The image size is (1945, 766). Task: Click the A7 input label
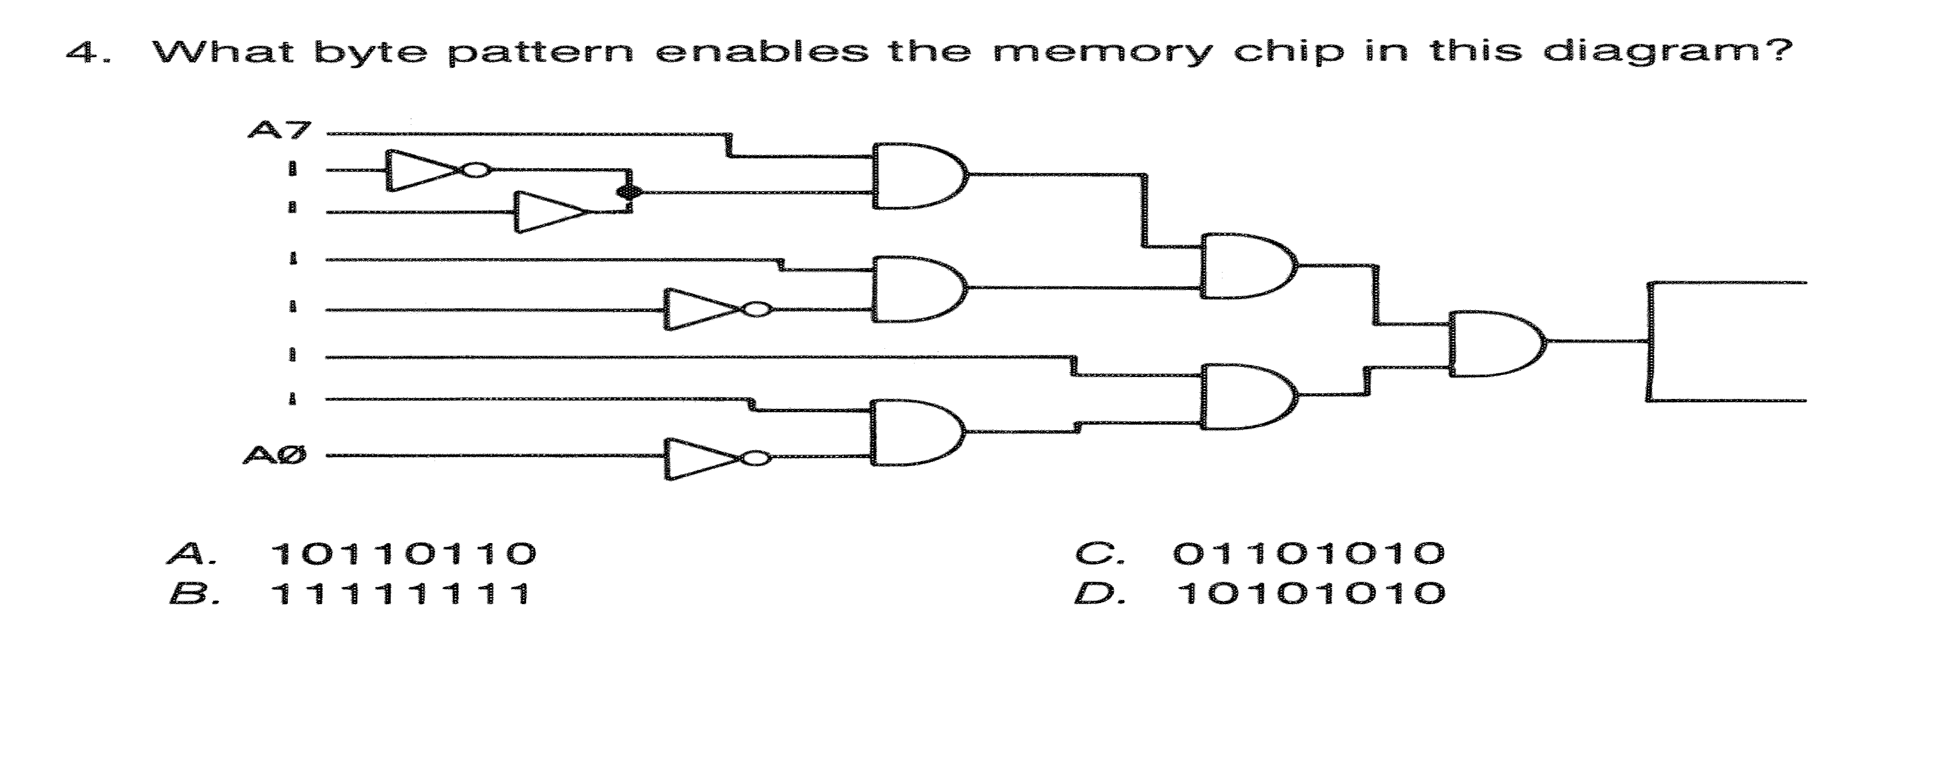click(x=278, y=131)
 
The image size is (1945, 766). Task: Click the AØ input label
click(x=275, y=455)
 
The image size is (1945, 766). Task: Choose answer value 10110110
click(x=402, y=554)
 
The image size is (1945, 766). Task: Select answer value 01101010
click(x=1309, y=554)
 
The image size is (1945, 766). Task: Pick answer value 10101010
click(x=1311, y=594)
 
